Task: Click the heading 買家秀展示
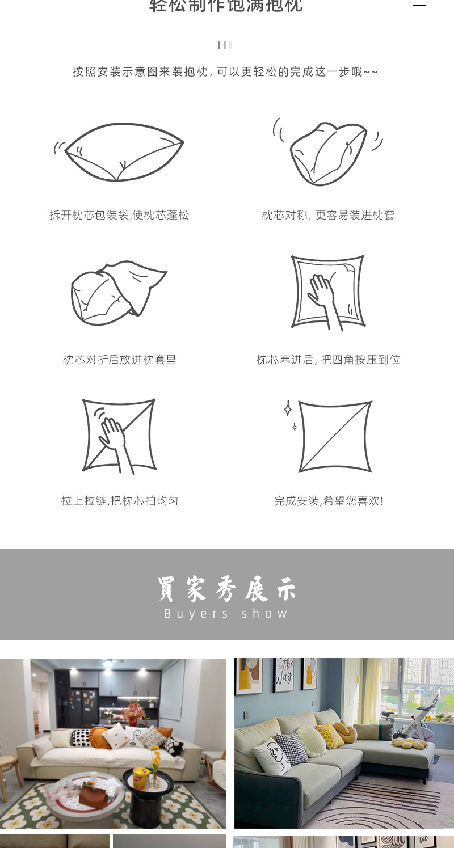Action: click(226, 589)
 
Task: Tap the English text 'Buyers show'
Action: click(226, 614)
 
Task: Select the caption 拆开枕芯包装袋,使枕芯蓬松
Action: click(119, 215)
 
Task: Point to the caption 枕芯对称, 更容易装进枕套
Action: click(328, 215)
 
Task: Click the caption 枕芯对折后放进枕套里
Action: click(119, 360)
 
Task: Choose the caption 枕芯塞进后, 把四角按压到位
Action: click(328, 360)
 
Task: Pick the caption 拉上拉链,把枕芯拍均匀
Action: click(119, 501)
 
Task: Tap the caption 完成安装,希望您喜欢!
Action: click(328, 501)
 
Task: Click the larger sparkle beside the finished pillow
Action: click(288, 408)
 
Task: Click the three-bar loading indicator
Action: click(224, 45)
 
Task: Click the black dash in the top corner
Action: click(419, 5)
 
